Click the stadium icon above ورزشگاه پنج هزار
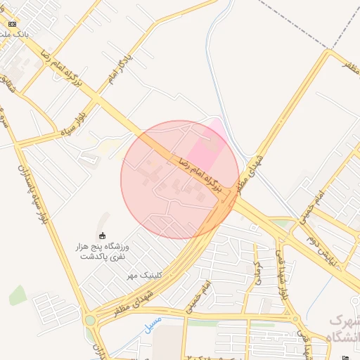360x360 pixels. coord(103,236)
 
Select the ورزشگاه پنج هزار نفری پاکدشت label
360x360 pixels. coord(103,251)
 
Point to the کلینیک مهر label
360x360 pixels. coord(144,275)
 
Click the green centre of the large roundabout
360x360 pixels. coord(90,321)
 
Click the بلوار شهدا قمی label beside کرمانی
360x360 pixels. coord(283,274)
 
